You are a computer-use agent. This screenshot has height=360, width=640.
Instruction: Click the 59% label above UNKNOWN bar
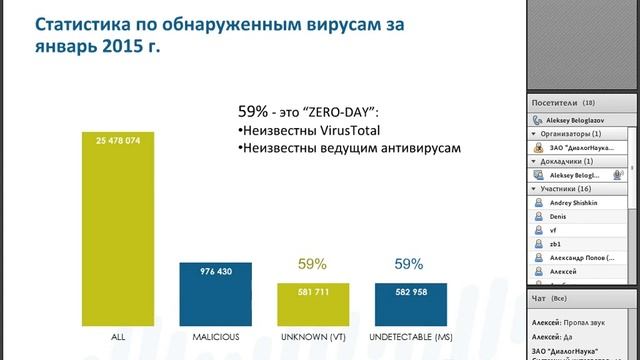coord(313,265)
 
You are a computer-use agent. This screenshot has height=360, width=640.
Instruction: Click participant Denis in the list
coord(559,215)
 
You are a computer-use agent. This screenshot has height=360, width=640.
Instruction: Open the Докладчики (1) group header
coord(570,161)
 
